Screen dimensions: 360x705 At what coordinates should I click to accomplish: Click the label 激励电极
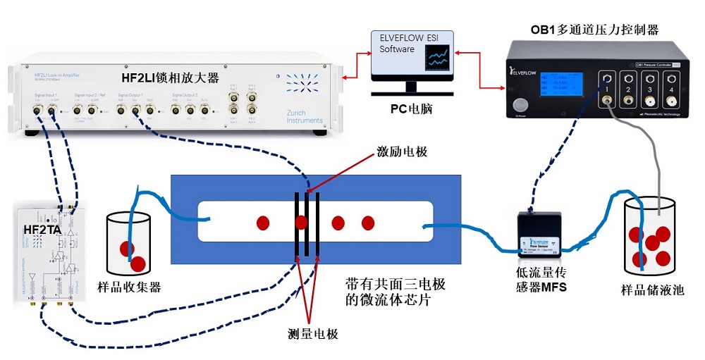[402, 151]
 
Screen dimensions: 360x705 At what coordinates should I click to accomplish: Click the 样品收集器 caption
[131, 286]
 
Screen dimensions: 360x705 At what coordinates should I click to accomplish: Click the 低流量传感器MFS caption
[541, 280]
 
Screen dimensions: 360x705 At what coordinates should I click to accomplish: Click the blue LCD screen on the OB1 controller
[560, 86]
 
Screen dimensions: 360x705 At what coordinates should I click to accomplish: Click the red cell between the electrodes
[302, 223]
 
